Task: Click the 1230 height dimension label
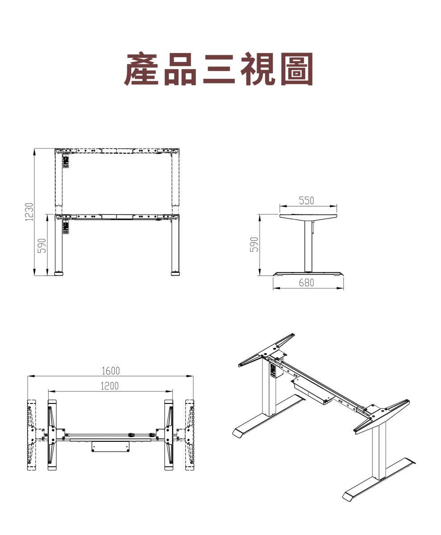click(x=29, y=212)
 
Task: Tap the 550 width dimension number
click(x=307, y=201)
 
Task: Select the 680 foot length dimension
click(x=307, y=283)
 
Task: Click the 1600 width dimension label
click(x=111, y=371)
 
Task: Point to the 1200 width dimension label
click(x=110, y=386)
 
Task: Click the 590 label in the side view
click(x=254, y=244)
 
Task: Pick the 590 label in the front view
click(x=42, y=246)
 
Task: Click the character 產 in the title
click(x=141, y=69)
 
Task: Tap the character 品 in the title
click(x=180, y=69)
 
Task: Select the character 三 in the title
click(x=219, y=70)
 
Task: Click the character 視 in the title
click(x=258, y=69)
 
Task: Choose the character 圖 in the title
click(x=297, y=69)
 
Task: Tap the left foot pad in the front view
click(x=58, y=274)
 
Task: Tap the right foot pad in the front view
click(x=175, y=274)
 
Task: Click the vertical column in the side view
click(x=308, y=245)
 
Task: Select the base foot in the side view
click(x=308, y=274)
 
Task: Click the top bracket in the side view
click(x=308, y=216)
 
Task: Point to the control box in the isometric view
click(x=312, y=392)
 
